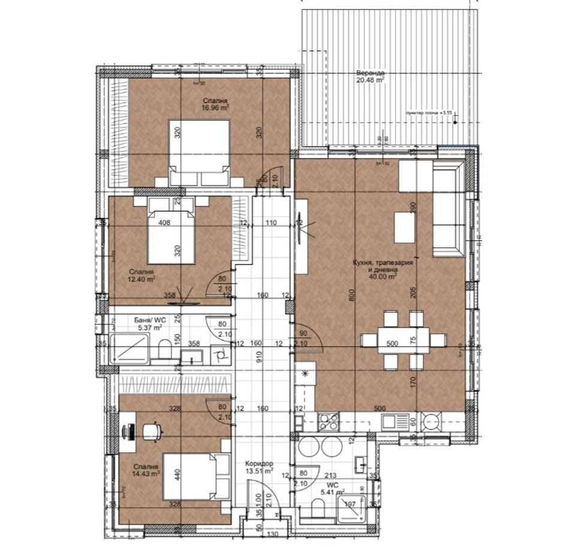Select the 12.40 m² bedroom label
click(x=141, y=275)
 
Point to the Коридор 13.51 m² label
click(x=260, y=467)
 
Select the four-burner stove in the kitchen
click(x=328, y=422)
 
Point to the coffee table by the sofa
click(x=405, y=228)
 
